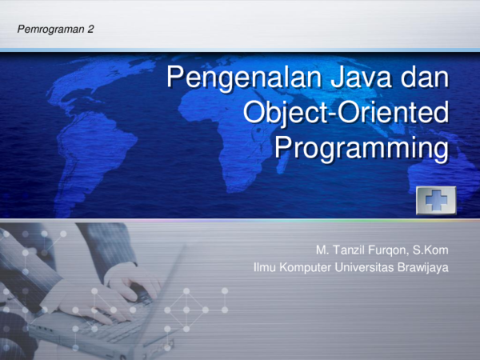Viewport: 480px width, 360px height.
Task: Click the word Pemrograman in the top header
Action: pyautogui.click(x=50, y=29)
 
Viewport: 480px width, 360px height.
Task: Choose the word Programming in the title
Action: pyautogui.click(x=360, y=149)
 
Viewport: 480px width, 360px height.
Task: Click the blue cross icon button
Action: pyautogui.click(x=435, y=199)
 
